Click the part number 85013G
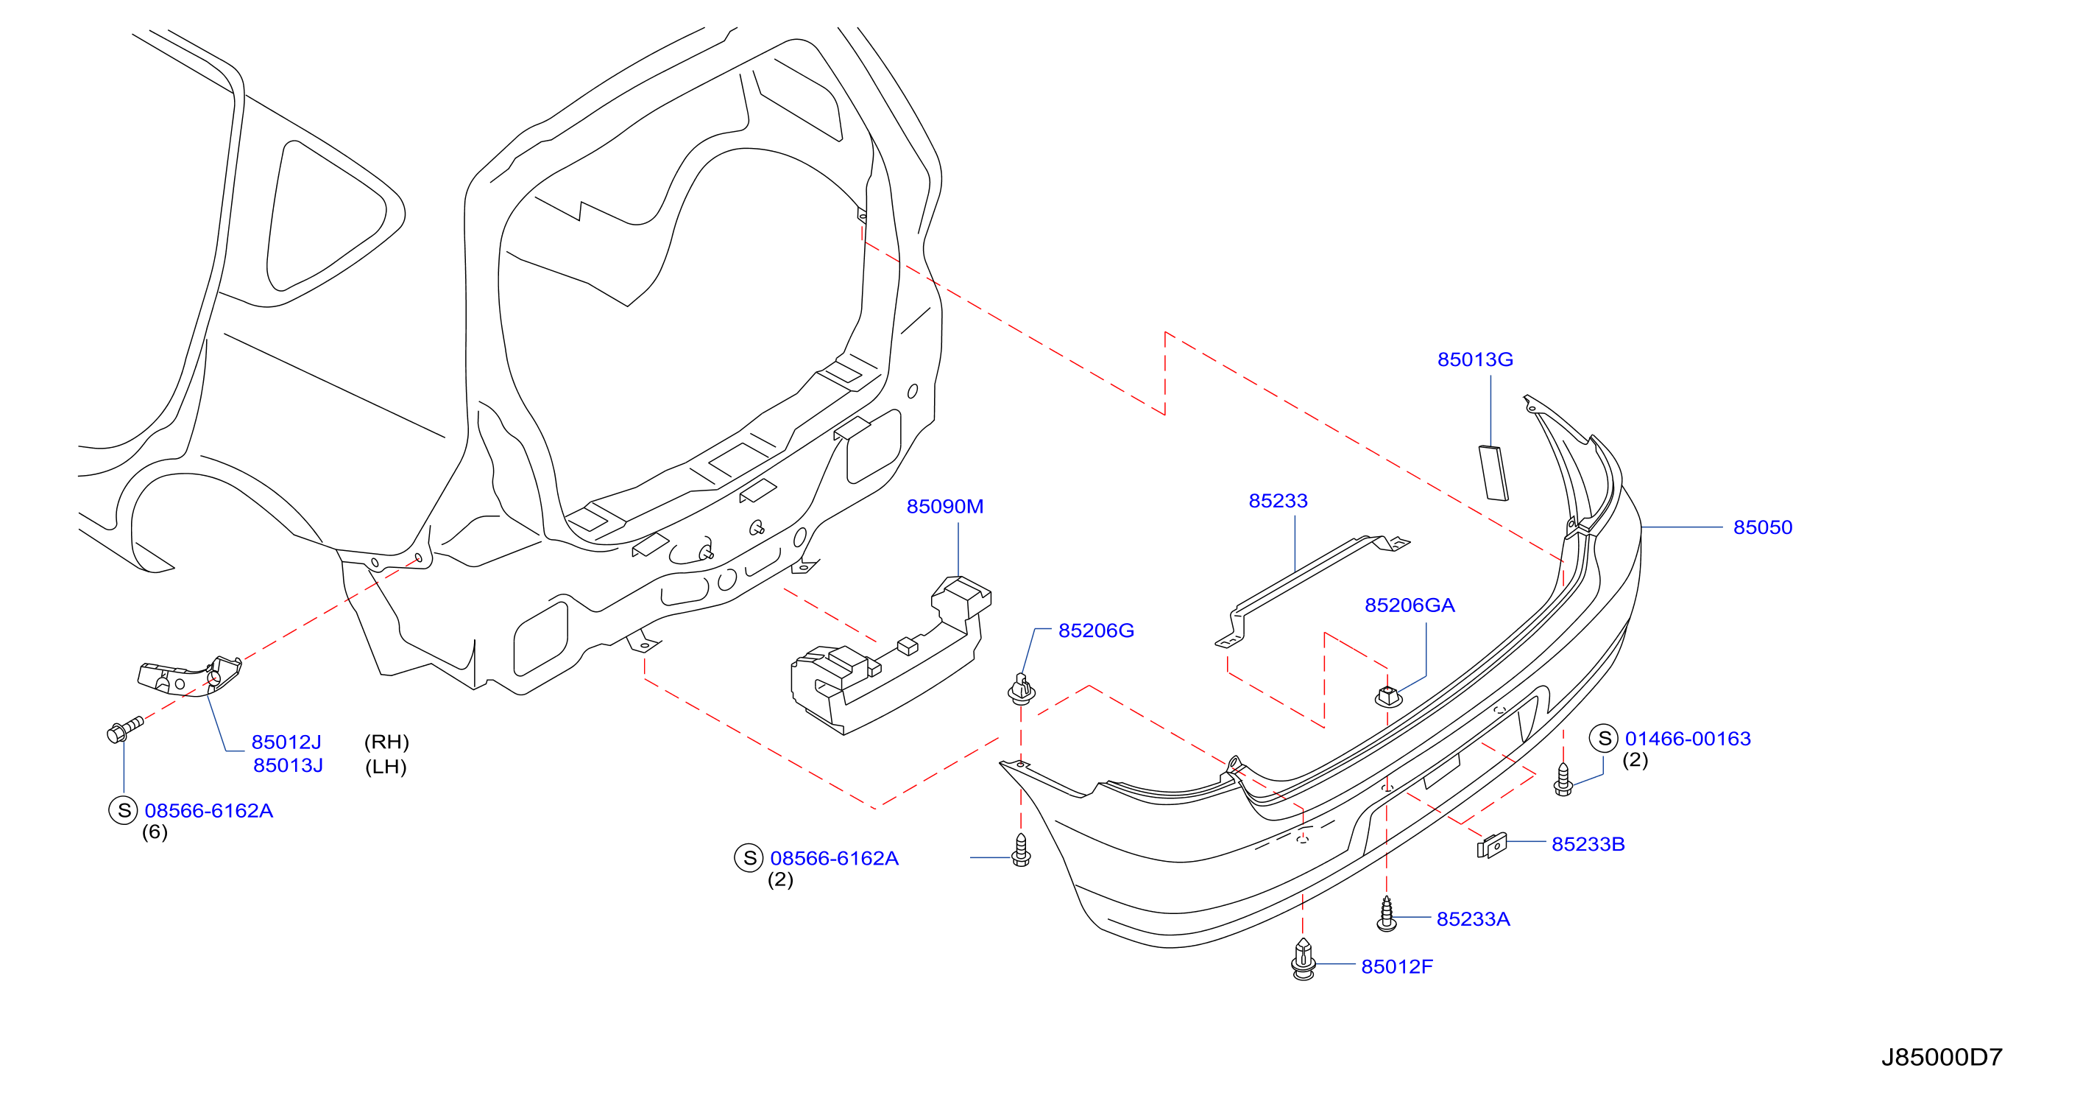(x=1475, y=359)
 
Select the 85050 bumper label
(x=1763, y=527)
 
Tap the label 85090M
(x=944, y=507)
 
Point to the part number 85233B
(x=1588, y=844)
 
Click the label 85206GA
(x=1410, y=605)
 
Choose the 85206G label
(x=1096, y=630)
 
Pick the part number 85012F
(x=1396, y=967)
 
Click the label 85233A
(x=1474, y=919)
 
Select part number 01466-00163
(x=1688, y=739)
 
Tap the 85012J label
(x=286, y=742)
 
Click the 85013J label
(x=288, y=765)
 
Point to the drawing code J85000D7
(x=1942, y=1058)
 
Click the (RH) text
(x=386, y=742)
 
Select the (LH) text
(x=386, y=766)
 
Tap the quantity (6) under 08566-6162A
(x=155, y=832)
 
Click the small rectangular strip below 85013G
(x=1493, y=474)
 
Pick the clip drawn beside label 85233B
(x=1492, y=846)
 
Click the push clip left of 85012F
(x=1304, y=959)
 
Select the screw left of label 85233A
(x=1387, y=914)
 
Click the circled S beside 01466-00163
(x=1605, y=739)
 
